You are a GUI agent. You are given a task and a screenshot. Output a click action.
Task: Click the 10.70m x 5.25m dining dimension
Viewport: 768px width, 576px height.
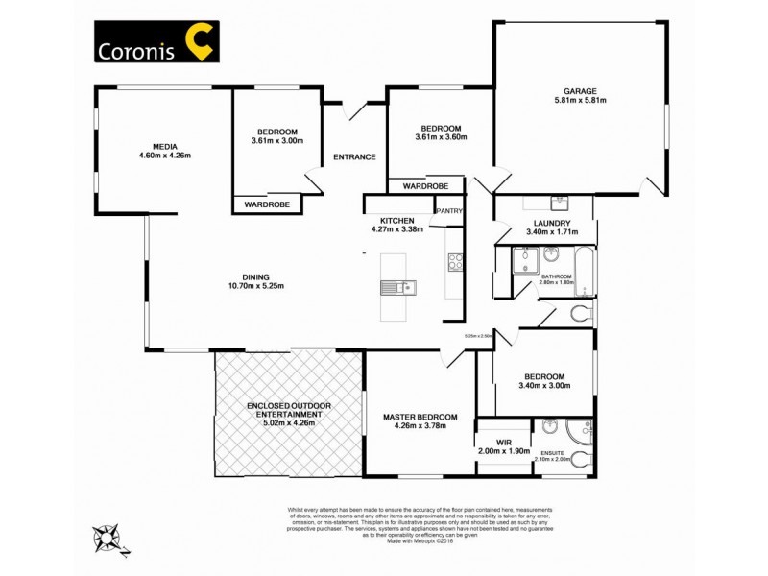pyautogui.click(x=255, y=285)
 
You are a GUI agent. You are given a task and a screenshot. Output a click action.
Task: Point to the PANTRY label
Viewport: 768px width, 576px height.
pyautogui.click(x=449, y=211)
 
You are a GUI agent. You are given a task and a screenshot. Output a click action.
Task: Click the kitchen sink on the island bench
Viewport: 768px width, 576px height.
pyautogui.click(x=396, y=286)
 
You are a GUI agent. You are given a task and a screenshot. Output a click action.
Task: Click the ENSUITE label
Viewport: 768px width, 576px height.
pyautogui.click(x=553, y=451)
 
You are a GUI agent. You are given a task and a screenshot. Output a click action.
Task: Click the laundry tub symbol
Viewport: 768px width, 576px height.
pyautogui.click(x=559, y=203)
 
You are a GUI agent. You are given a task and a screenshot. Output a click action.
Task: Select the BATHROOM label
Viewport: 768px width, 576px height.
pyautogui.click(x=556, y=276)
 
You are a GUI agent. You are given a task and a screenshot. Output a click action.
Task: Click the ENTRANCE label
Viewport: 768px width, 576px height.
pyautogui.click(x=354, y=157)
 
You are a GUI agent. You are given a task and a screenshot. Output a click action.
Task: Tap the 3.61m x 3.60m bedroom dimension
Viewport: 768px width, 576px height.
pyautogui.click(x=441, y=137)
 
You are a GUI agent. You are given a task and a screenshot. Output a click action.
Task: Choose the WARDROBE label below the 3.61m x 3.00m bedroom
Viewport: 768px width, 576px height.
pyautogui.click(x=268, y=204)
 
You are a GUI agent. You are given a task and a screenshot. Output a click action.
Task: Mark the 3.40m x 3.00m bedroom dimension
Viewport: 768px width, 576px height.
pyautogui.click(x=544, y=386)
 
